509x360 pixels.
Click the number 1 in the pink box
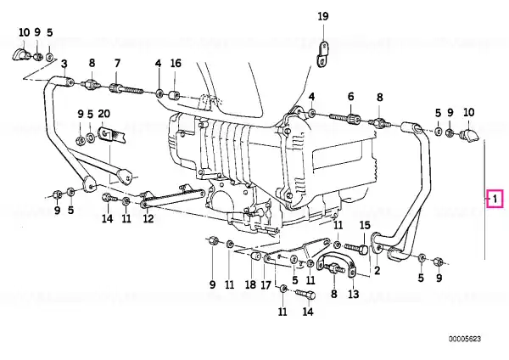(x=495, y=199)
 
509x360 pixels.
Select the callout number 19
(x=323, y=16)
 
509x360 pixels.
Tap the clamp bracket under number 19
(x=322, y=53)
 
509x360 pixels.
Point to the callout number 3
(x=64, y=64)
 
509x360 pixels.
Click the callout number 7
(x=117, y=63)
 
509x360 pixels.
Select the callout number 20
(x=103, y=114)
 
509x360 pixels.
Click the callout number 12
(x=148, y=218)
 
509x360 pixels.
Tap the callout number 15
(x=365, y=225)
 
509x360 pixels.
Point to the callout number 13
(x=354, y=294)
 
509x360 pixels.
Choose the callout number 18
(x=250, y=285)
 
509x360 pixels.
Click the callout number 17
(x=266, y=285)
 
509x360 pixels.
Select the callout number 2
(x=377, y=270)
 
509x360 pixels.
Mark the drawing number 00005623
(x=465, y=340)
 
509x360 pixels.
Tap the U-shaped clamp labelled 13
(x=336, y=264)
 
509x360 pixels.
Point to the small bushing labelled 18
(x=255, y=256)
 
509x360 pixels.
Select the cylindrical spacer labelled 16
(x=174, y=96)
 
